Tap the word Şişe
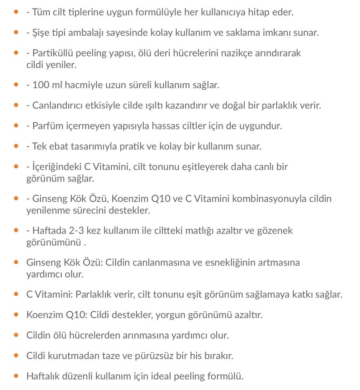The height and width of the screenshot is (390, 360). tap(41, 33)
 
